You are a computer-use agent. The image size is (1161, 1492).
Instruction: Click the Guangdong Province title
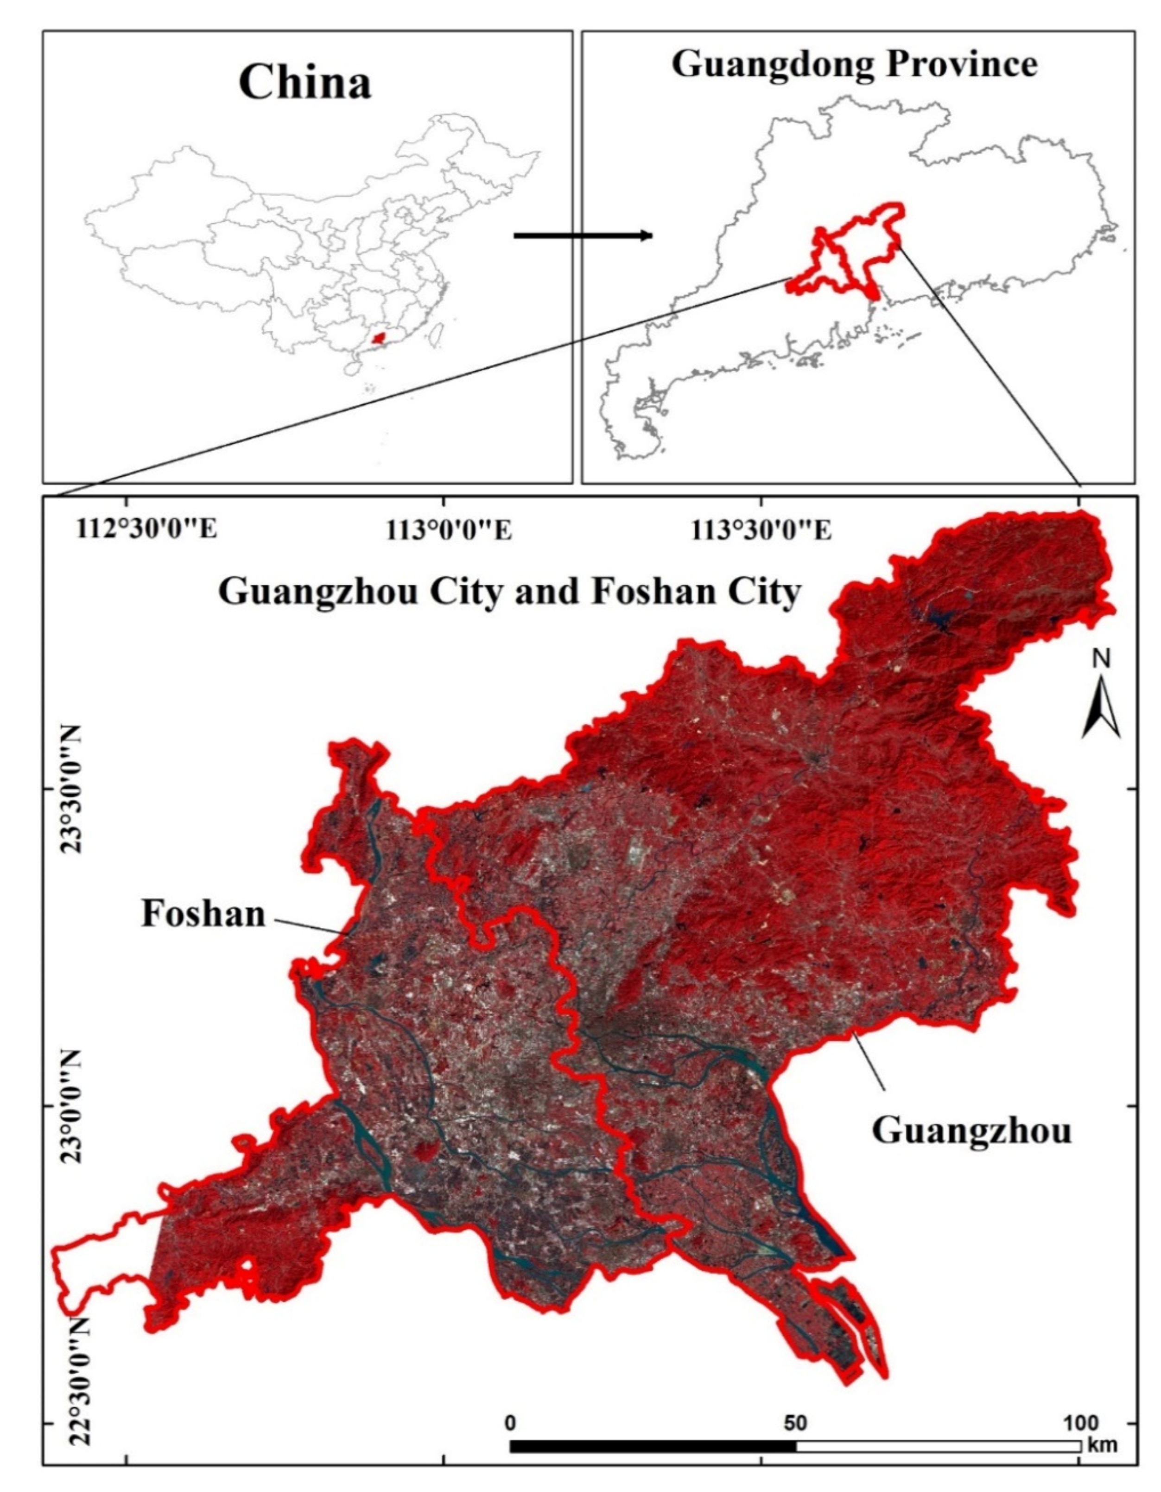click(854, 65)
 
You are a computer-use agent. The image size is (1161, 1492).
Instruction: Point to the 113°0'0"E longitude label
click(449, 530)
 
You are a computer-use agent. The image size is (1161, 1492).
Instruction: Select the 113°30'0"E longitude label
click(762, 530)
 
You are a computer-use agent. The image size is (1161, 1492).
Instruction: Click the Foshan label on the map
click(203, 914)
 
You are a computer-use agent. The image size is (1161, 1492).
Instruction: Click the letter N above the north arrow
click(1101, 658)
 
